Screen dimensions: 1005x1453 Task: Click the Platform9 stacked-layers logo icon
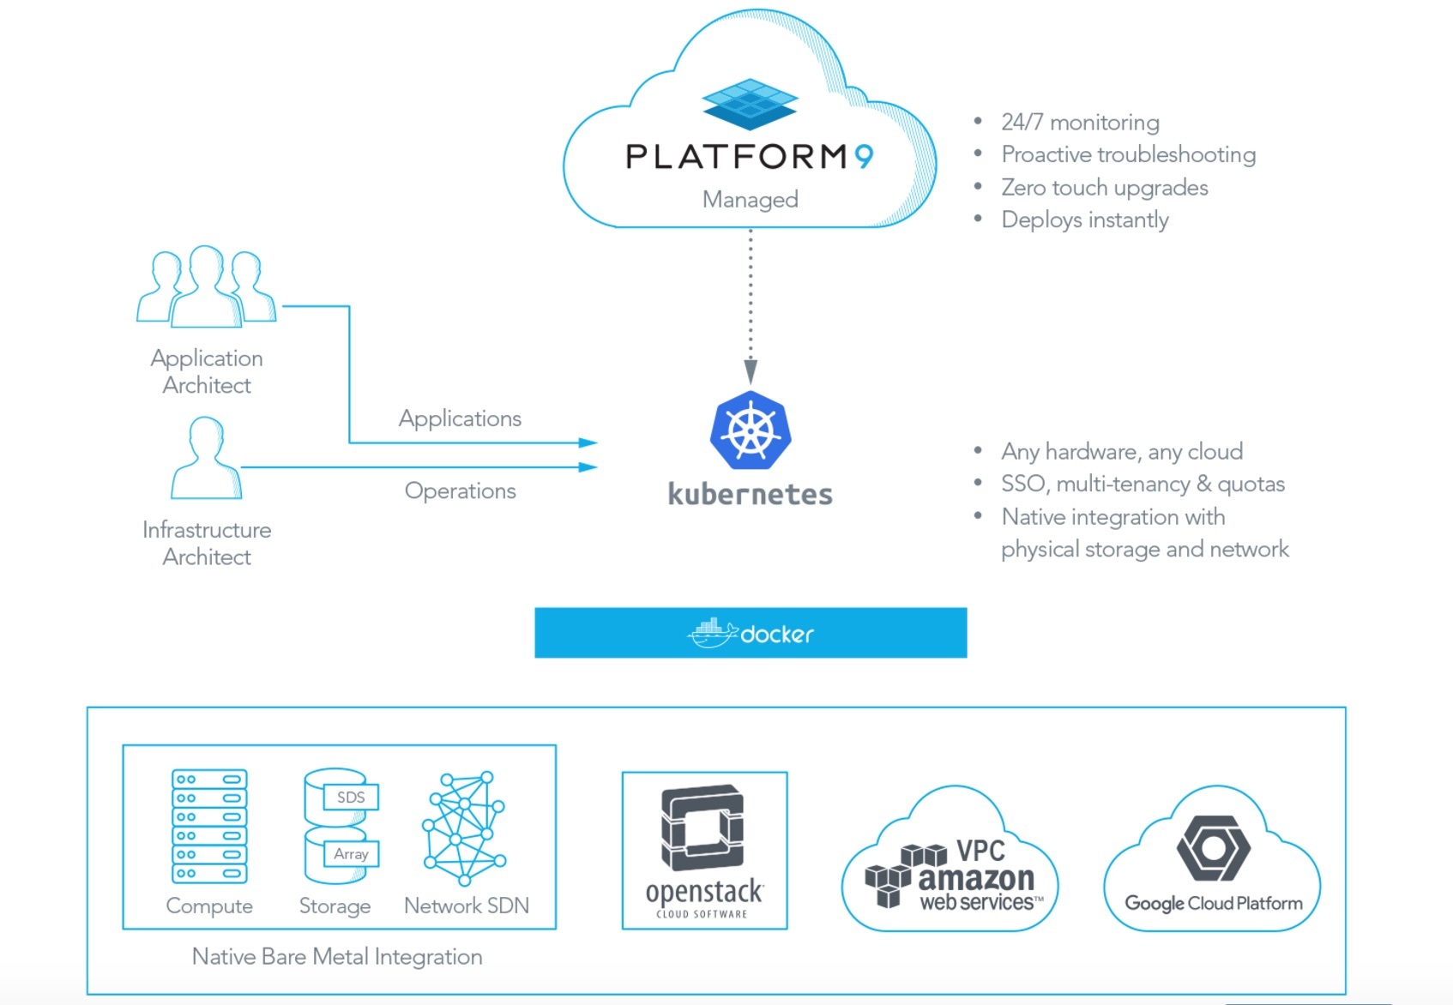coord(750,104)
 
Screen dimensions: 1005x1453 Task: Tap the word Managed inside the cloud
coord(750,200)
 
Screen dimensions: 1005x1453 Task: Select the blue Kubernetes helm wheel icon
coord(751,430)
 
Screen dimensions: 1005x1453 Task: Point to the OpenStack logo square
coord(702,828)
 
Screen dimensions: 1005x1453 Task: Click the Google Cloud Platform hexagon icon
coord(1213,848)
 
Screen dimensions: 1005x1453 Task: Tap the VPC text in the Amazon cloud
coord(980,851)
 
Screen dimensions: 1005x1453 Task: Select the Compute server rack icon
coord(209,826)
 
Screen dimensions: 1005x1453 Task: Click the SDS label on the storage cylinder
coord(351,797)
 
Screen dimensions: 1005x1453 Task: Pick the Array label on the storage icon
coord(351,854)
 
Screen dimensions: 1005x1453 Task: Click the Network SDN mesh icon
coord(464,828)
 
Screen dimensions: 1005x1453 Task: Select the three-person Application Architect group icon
coord(206,286)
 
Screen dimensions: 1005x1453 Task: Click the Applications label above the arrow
coord(460,418)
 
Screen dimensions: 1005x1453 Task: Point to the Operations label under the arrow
coord(460,491)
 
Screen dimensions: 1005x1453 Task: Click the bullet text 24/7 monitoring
coord(1080,123)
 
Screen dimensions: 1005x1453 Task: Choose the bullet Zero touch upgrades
coord(1104,188)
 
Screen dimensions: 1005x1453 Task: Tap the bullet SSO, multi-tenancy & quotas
coord(1143,484)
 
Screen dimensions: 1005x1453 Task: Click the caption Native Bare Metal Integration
coord(337,957)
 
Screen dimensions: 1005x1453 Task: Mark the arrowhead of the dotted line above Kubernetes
coord(751,371)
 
